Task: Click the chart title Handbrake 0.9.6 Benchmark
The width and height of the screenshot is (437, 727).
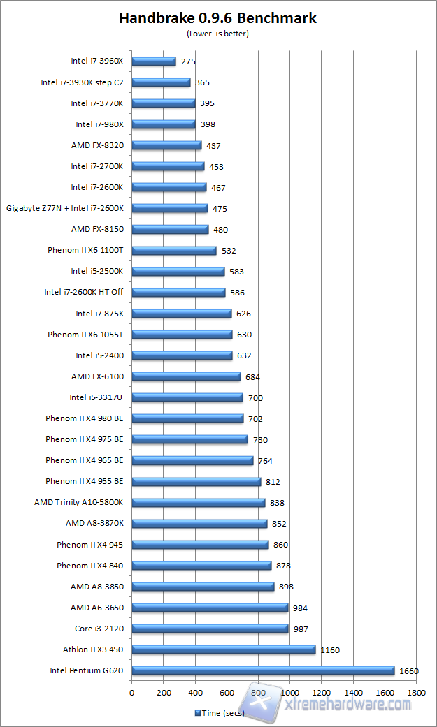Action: point(217,18)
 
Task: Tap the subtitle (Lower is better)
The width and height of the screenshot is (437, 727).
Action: point(217,33)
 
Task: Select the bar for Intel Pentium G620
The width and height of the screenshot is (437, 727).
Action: point(263,670)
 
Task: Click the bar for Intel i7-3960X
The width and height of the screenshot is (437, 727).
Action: point(154,61)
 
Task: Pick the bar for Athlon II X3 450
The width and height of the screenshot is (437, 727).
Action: point(224,649)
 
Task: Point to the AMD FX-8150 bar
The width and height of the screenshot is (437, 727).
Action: point(170,229)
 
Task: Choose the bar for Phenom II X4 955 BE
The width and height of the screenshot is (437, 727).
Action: point(196,481)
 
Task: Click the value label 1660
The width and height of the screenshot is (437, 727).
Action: point(409,671)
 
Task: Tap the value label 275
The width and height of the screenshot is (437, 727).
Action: point(188,61)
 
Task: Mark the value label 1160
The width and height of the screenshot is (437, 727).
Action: point(330,650)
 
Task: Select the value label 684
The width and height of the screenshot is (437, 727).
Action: point(253,377)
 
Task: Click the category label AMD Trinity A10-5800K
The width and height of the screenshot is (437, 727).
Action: point(79,502)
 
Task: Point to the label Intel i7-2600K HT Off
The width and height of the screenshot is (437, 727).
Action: point(84,292)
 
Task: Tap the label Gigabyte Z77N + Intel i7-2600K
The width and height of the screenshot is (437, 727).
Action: point(65,208)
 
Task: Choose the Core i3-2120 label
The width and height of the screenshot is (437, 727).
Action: point(99,629)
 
